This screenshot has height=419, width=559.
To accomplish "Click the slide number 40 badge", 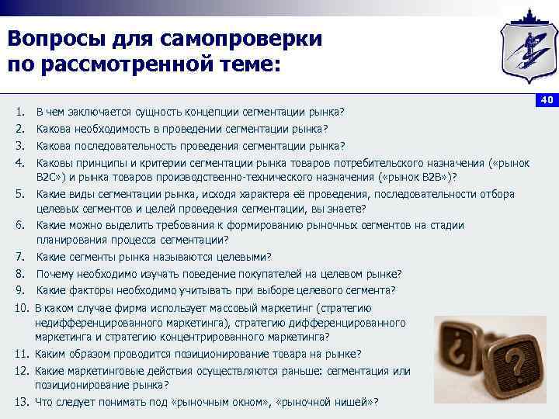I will (546, 100).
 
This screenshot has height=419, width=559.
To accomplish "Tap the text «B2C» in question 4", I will (48, 176).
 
